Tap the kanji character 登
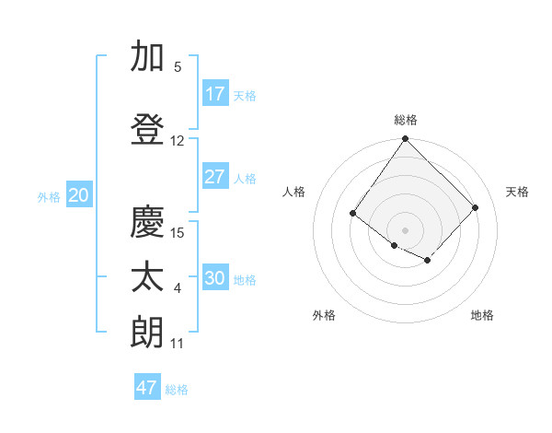[147, 130]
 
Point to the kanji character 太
[147, 277]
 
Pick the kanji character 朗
[147, 333]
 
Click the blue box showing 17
[214, 94]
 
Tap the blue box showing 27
[214, 177]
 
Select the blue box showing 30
[214, 278]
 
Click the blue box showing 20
[78, 195]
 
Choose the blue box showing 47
[147, 388]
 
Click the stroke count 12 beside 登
[178, 141]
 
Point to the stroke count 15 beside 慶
[178, 232]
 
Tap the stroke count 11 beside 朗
[178, 344]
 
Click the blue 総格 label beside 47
[178, 390]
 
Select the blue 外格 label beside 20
[49, 197]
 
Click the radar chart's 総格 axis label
[406, 120]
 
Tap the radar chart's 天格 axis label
[518, 192]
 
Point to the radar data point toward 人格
[353, 214]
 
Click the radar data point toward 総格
[406, 139]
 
